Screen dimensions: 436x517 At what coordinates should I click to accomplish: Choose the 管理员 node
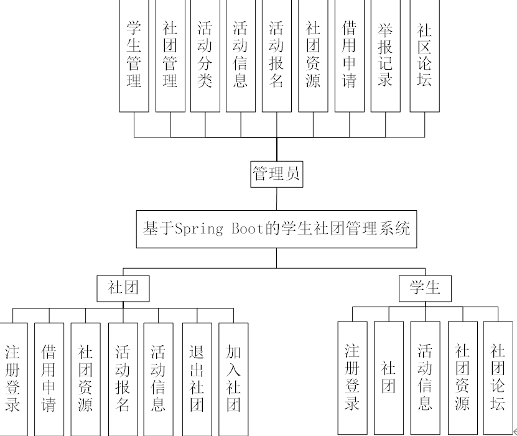click(x=276, y=175)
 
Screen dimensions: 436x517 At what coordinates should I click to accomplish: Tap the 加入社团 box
click(x=233, y=378)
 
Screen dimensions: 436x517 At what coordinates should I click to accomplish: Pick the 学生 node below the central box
click(x=425, y=287)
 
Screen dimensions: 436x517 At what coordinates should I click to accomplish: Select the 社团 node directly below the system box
click(x=122, y=287)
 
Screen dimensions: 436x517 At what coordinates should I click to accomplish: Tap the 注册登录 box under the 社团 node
click(x=13, y=378)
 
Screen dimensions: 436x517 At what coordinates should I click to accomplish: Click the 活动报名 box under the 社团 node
click(x=123, y=378)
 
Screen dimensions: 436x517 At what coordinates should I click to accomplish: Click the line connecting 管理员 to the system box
click(x=276, y=199)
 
